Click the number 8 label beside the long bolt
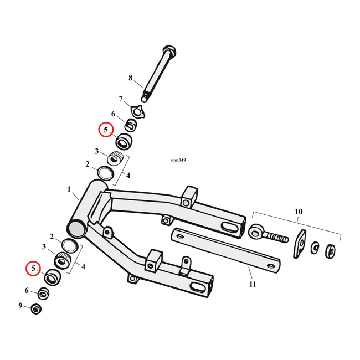click(x=131, y=78)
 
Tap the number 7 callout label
click(x=121, y=99)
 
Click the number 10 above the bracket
click(x=299, y=212)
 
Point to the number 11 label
click(x=253, y=284)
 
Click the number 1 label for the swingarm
click(x=70, y=189)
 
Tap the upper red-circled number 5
click(x=106, y=130)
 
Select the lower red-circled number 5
click(x=34, y=269)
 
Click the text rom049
click(x=178, y=161)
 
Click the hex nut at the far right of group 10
click(x=331, y=251)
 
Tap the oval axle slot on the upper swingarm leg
click(x=229, y=227)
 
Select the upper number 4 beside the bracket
click(x=128, y=176)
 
